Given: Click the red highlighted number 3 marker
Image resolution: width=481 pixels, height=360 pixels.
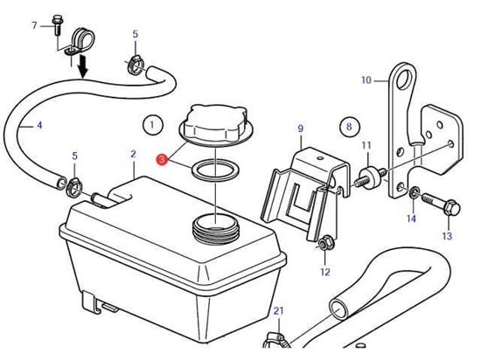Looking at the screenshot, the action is coord(162,160).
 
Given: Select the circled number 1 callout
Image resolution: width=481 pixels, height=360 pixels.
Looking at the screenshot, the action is coord(153,125).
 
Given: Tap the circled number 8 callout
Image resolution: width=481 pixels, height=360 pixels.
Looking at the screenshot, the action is coord(350,126).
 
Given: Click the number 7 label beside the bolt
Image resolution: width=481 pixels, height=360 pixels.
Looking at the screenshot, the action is coord(34,25).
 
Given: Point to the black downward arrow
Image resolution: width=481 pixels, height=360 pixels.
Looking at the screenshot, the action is coord(83,66).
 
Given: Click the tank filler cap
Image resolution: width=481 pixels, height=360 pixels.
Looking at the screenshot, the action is coord(216,125).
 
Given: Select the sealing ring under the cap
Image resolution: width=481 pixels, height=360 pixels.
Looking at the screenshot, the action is coord(215,170).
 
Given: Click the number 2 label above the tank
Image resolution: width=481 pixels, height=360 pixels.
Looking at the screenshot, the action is coord(133,154).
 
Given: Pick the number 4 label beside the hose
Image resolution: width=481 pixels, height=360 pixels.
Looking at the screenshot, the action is coord(39,125).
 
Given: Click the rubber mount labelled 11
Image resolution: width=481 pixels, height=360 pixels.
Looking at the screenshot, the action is coord(370,177).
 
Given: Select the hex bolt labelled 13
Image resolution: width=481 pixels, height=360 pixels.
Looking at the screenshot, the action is coord(441,204).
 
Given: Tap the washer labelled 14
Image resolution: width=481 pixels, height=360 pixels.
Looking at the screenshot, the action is coord(414,193).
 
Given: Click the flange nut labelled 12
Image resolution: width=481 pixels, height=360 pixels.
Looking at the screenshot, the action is coord(324,244).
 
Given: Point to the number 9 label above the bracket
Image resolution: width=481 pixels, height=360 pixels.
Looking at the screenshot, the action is coord(300,128).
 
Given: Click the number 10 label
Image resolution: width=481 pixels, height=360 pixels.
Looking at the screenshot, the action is coord(366,80).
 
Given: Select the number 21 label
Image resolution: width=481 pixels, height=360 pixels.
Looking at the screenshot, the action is coord(278,311).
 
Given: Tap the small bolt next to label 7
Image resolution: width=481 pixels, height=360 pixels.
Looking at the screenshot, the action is coord(57,25).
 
